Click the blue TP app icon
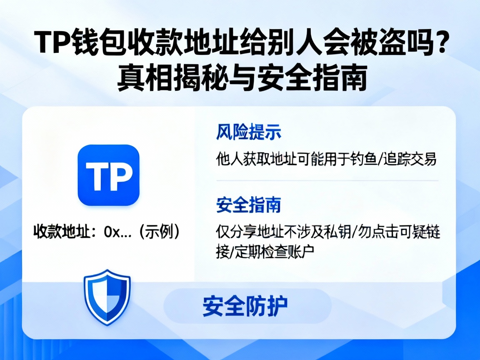pos(108,175)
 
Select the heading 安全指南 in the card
pos(249,205)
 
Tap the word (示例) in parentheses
pos(160,232)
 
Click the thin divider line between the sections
pos(327,181)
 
